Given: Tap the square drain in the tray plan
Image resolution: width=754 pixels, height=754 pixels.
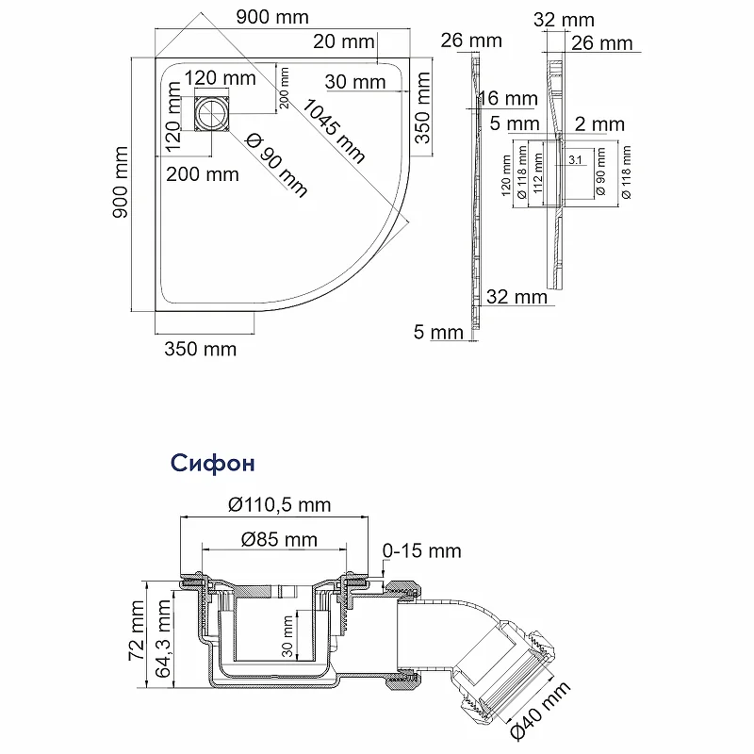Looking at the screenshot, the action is [x=213, y=113].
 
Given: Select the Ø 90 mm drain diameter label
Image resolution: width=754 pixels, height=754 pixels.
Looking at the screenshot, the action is [x=276, y=166].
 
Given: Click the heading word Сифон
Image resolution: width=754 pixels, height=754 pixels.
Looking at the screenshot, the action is [x=213, y=464].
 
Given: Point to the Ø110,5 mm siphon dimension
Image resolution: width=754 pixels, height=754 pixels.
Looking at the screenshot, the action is [x=279, y=505].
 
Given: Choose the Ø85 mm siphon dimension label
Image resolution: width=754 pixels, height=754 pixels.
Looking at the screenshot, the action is [x=279, y=539].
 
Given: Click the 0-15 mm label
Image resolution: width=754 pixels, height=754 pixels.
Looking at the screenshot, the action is [x=421, y=551].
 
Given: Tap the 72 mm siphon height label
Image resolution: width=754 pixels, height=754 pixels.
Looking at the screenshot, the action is [x=137, y=631].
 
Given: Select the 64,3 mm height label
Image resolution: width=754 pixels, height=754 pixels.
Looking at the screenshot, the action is [x=163, y=639].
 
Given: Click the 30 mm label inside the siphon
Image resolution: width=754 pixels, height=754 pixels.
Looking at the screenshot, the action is [x=287, y=636].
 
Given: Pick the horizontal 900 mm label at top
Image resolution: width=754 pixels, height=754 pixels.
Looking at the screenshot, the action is [x=272, y=18].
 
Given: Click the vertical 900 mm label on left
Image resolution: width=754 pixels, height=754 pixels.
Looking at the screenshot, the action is [x=121, y=183].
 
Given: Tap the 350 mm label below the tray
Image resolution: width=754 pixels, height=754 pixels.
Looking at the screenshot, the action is [x=201, y=349].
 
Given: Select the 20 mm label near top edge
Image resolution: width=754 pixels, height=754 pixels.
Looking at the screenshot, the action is [x=344, y=41].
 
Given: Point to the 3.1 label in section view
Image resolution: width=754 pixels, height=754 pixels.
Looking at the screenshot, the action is [x=575, y=160].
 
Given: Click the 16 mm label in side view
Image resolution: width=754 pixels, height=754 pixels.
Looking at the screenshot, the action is [x=509, y=99].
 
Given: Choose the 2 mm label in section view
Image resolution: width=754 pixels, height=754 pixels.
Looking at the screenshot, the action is [x=599, y=124].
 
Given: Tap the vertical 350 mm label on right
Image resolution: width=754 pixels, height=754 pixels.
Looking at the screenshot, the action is [x=422, y=107].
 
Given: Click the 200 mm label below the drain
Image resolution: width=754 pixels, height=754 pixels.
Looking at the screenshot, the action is [x=203, y=174].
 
